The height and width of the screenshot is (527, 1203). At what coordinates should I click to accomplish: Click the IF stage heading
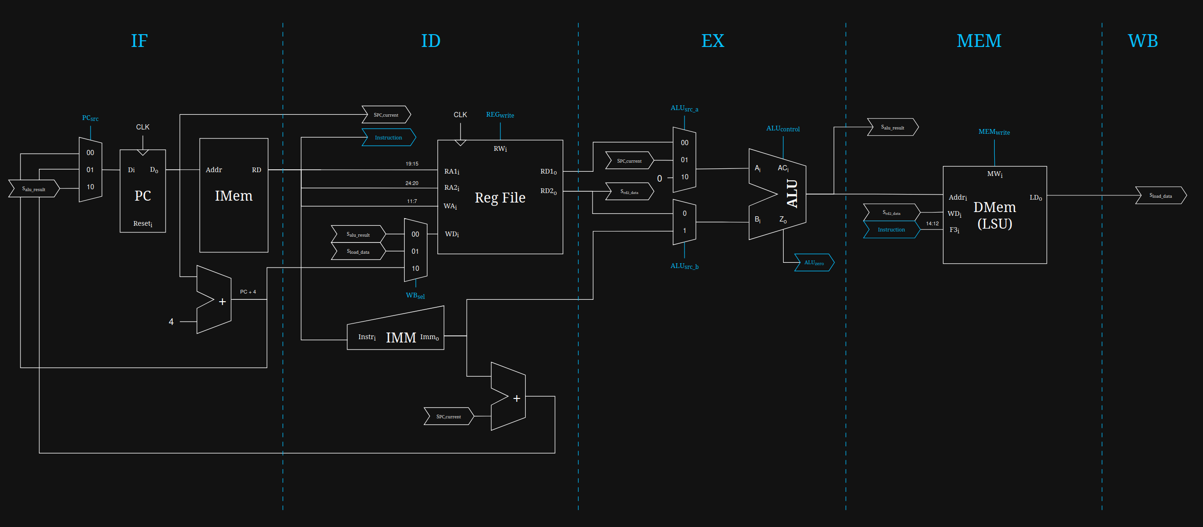(139, 41)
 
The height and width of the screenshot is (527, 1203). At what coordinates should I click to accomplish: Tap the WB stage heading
(1142, 41)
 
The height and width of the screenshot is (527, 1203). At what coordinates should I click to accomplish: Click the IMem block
(233, 195)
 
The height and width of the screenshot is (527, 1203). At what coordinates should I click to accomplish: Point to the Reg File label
(500, 197)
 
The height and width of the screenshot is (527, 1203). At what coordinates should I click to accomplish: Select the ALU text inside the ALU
(792, 194)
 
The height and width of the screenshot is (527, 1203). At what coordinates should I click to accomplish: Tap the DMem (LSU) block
(994, 215)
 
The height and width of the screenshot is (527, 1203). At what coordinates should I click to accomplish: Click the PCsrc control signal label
(90, 118)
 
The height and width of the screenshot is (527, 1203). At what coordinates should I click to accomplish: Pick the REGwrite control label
(500, 115)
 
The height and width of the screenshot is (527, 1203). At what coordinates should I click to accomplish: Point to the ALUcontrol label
(783, 129)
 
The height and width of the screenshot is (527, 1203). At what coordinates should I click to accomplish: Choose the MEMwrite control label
(994, 132)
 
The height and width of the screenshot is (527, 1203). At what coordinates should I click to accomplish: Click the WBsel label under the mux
(415, 296)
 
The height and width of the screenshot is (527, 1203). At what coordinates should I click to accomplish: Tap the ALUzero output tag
(814, 263)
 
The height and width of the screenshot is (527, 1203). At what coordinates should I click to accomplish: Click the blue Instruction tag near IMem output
(389, 138)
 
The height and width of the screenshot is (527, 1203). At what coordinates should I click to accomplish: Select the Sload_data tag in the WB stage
(1160, 195)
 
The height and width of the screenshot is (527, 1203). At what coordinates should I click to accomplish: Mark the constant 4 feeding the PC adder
(171, 322)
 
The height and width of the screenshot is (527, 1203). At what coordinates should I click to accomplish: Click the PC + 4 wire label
(248, 292)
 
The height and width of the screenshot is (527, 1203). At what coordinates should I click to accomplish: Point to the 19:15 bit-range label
(412, 164)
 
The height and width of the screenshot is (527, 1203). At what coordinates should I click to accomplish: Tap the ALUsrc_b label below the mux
(684, 266)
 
